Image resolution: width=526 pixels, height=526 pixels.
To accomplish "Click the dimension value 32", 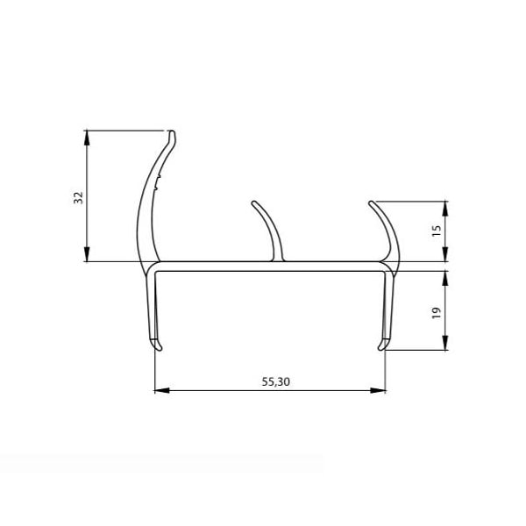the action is [78, 197].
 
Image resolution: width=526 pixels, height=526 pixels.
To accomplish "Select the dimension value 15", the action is [437, 231].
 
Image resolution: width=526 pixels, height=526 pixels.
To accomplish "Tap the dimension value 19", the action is [437, 313].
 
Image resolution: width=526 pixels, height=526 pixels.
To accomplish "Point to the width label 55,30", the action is [276, 381].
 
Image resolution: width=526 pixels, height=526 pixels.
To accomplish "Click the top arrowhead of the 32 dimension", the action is [87, 138].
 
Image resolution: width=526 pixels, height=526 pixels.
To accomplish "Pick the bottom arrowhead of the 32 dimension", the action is [87, 254].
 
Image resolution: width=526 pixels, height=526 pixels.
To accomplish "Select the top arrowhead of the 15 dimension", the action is [445, 209].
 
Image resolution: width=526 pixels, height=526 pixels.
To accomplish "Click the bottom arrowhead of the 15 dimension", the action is [445, 254].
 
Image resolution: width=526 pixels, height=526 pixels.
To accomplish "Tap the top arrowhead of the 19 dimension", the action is [445, 278].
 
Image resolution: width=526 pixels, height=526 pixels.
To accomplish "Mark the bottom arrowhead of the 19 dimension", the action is [445, 343].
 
